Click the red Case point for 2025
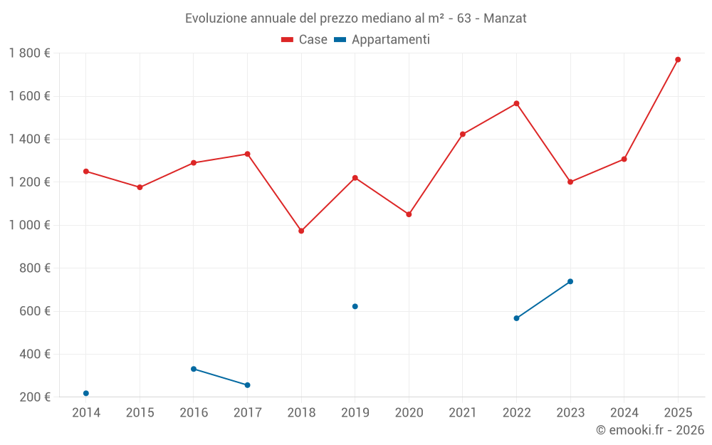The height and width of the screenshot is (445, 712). click(x=678, y=60)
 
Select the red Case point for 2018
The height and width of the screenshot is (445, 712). click(x=301, y=231)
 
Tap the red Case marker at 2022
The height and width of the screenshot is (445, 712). click(x=516, y=103)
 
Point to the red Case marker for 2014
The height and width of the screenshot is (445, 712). click(x=86, y=171)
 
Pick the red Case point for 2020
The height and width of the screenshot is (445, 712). click(x=409, y=214)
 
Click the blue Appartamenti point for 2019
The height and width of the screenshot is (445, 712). click(x=355, y=306)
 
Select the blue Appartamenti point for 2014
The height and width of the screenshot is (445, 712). click(x=86, y=393)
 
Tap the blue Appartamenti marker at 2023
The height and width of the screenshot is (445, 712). click(x=570, y=281)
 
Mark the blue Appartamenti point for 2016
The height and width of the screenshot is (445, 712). click(x=194, y=369)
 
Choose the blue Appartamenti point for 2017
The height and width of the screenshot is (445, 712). click(x=248, y=385)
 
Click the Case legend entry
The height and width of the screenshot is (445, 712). click(x=305, y=40)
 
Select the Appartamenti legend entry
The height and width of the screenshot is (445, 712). click(x=382, y=40)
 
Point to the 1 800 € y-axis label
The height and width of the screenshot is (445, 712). click(x=29, y=53)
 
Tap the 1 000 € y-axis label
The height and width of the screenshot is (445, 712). click(x=29, y=225)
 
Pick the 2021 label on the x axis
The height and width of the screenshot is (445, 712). click(x=463, y=413)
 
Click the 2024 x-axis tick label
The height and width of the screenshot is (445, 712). click(x=624, y=413)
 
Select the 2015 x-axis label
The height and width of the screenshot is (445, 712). click(x=140, y=413)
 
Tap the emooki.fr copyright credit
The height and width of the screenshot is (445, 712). click(x=650, y=430)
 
